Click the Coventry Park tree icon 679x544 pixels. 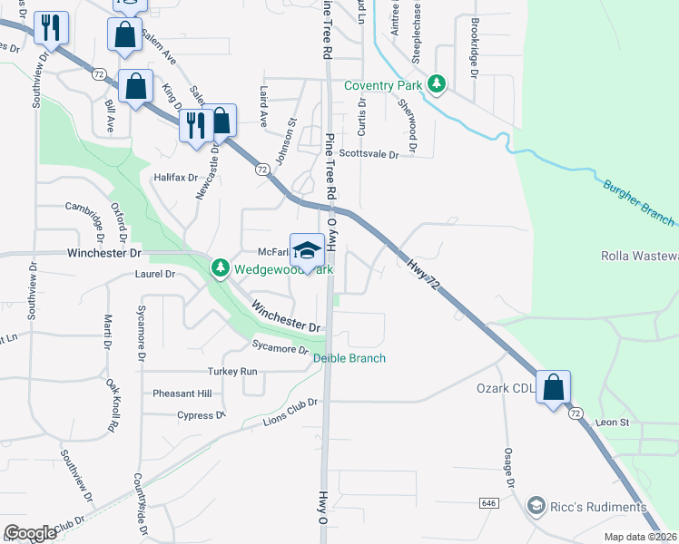click(x=438, y=85)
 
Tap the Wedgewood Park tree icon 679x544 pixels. click(x=221, y=268)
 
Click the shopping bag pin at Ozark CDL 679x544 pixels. click(x=553, y=388)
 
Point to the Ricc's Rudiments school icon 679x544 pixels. click(x=536, y=506)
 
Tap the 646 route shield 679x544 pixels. click(x=488, y=501)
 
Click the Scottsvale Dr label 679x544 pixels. click(x=369, y=155)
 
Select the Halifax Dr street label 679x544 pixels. click(x=175, y=177)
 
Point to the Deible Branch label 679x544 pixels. click(x=349, y=358)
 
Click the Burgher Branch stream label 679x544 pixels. click(x=638, y=202)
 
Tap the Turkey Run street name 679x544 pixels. click(x=232, y=372)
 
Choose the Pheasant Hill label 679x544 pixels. click(x=182, y=393)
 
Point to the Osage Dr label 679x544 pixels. click(x=509, y=463)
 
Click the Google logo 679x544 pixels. click(x=31, y=533)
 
